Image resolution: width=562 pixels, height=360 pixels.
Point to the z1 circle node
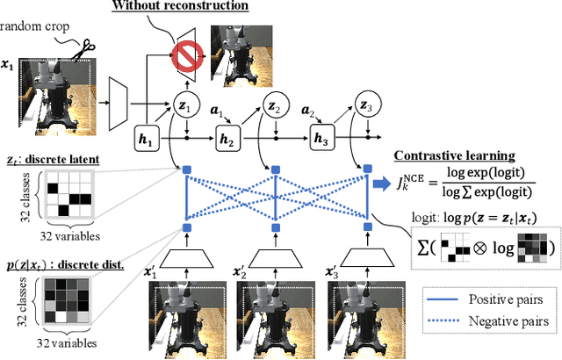(x=186, y=102)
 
